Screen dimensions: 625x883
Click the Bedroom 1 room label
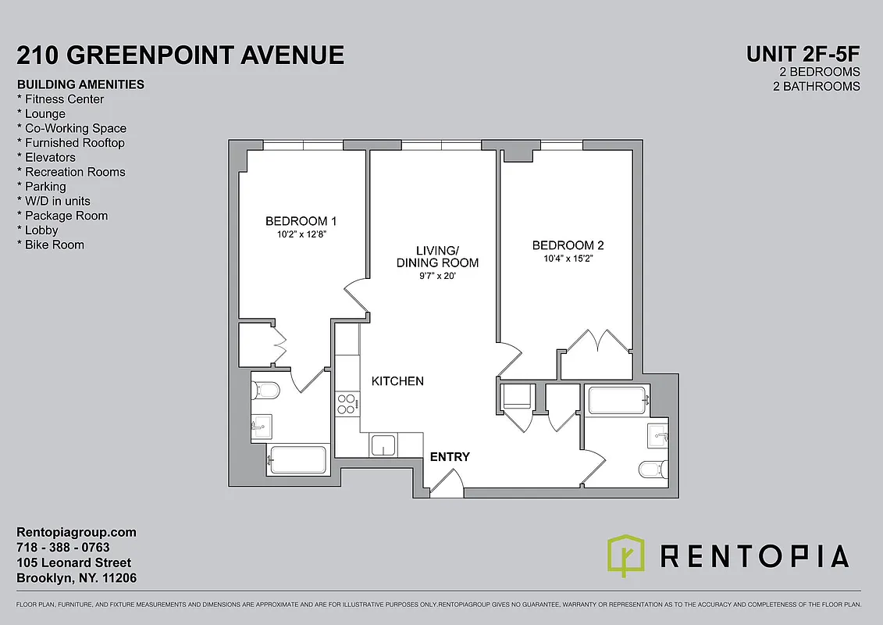coord(301,220)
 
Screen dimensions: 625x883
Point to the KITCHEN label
coord(397,381)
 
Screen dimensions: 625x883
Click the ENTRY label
coord(450,456)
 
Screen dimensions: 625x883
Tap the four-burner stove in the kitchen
coord(346,403)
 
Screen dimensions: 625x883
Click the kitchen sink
coord(383,445)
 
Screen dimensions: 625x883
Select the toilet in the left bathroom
coord(263,389)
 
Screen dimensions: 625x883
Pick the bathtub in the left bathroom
coord(297,460)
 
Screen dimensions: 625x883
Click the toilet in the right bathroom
coord(653,469)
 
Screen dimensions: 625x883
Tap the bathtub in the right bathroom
coord(618,401)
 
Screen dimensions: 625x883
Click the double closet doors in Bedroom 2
coord(597,341)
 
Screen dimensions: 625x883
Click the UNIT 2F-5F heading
coord(803,54)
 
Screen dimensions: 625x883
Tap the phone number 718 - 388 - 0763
coord(63,548)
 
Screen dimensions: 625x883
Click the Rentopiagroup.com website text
coord(77,532)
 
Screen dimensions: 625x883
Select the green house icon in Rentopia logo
coord(626,555)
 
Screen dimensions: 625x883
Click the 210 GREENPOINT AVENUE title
coord(180,55)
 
